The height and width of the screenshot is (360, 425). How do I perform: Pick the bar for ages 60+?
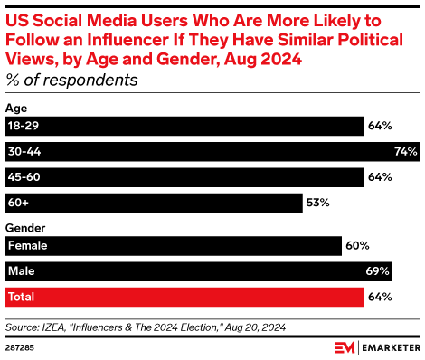pos(154,202)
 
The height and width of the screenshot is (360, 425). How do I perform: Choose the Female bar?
pos(173,245)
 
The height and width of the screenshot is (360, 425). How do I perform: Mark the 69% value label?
pos(378,270)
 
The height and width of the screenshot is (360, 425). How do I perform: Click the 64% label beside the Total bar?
pos(379,296)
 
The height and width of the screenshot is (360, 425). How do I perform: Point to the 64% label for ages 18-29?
pos(379,125)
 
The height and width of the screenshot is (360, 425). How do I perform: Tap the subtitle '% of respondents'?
pos(71,79)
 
